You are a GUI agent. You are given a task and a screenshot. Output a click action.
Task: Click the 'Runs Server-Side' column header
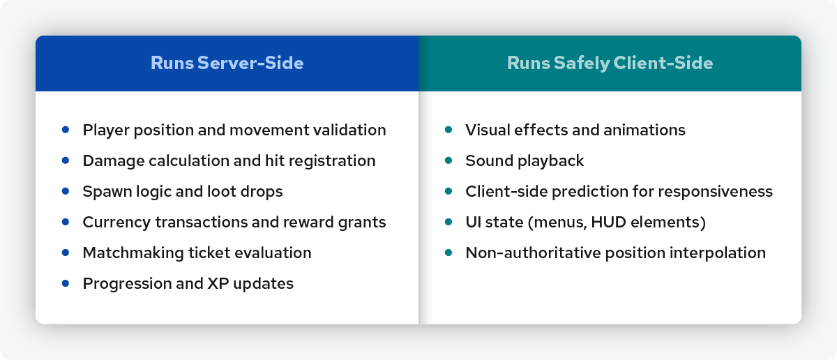pos(227,63)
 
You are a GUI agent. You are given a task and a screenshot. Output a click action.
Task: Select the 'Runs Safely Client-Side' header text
pos(610,63)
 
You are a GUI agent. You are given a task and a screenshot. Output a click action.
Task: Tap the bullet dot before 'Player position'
pos(66,130)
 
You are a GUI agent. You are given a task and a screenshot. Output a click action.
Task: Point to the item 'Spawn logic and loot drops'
pos(182,191)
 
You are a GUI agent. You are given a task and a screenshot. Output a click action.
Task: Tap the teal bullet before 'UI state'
pos(448,222)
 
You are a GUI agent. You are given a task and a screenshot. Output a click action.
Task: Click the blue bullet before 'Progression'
pos(66,283)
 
